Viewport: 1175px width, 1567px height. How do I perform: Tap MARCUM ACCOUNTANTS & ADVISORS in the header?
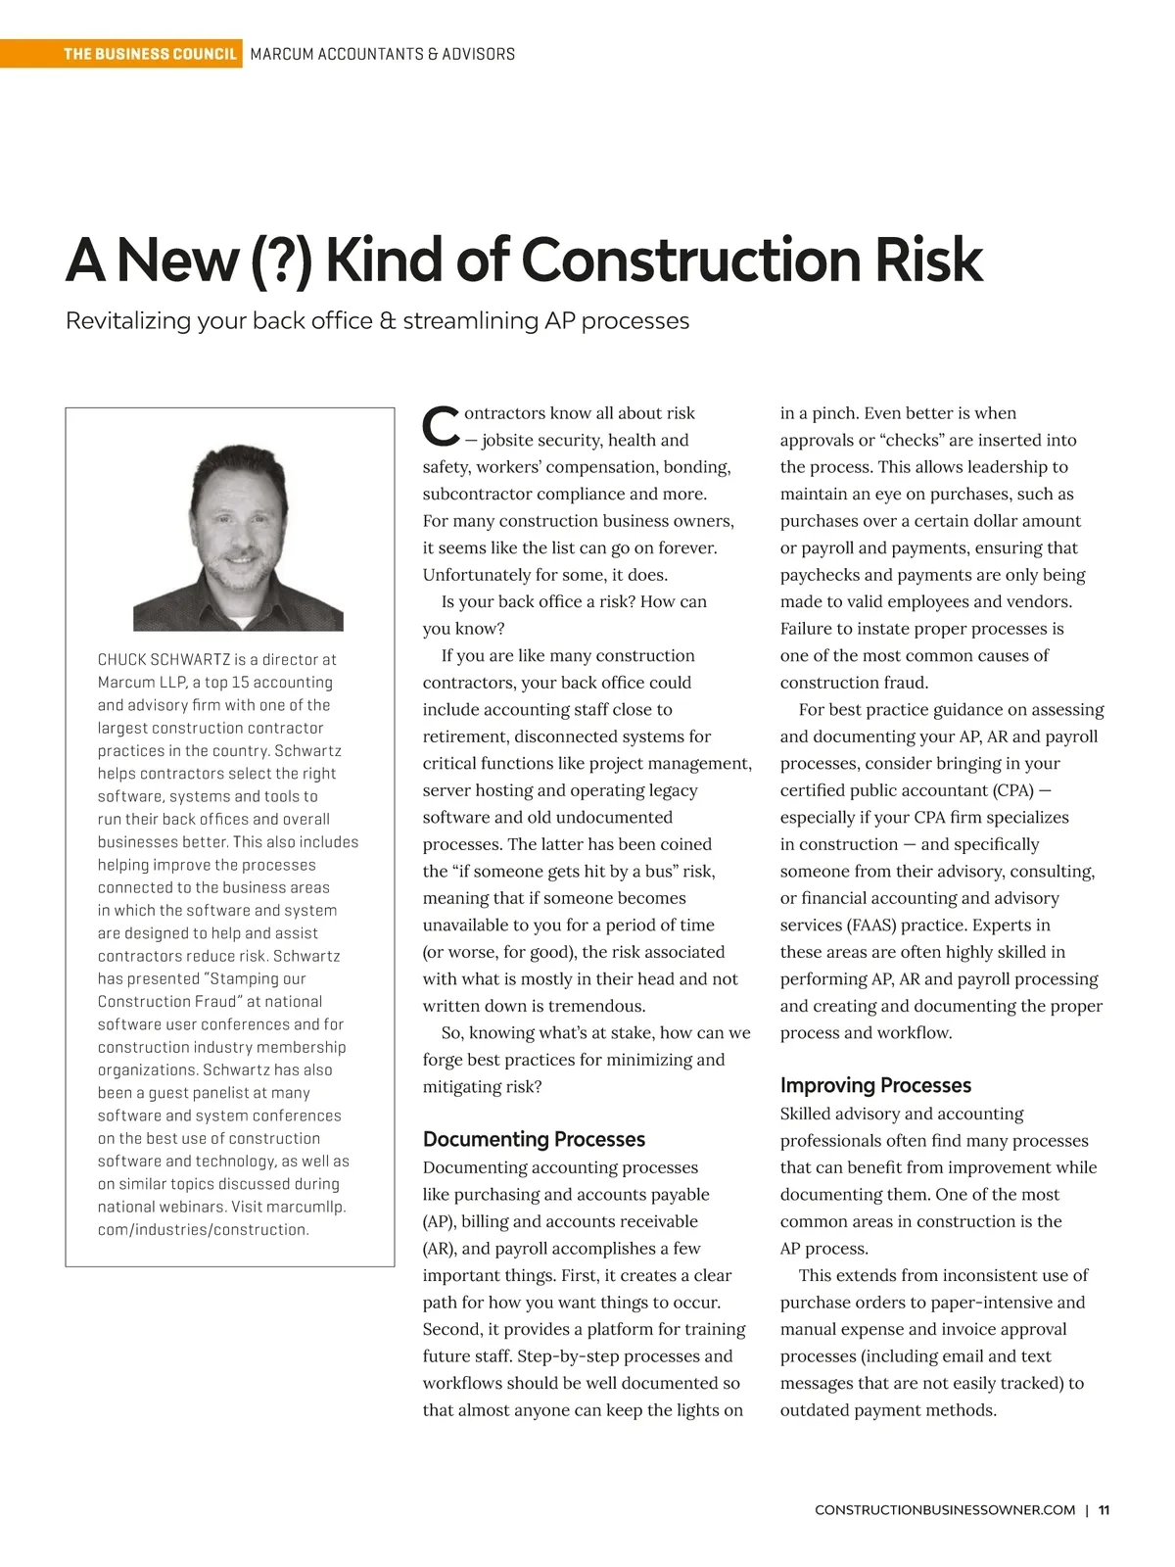click(382, 54)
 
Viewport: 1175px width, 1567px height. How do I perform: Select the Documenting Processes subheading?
click(534, 1139)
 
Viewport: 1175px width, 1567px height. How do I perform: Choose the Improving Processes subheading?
click(875, 1085)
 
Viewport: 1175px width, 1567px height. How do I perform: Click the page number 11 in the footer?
click(1104, 1510)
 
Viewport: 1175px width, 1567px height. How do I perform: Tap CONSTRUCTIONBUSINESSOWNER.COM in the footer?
click(945, 1510)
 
